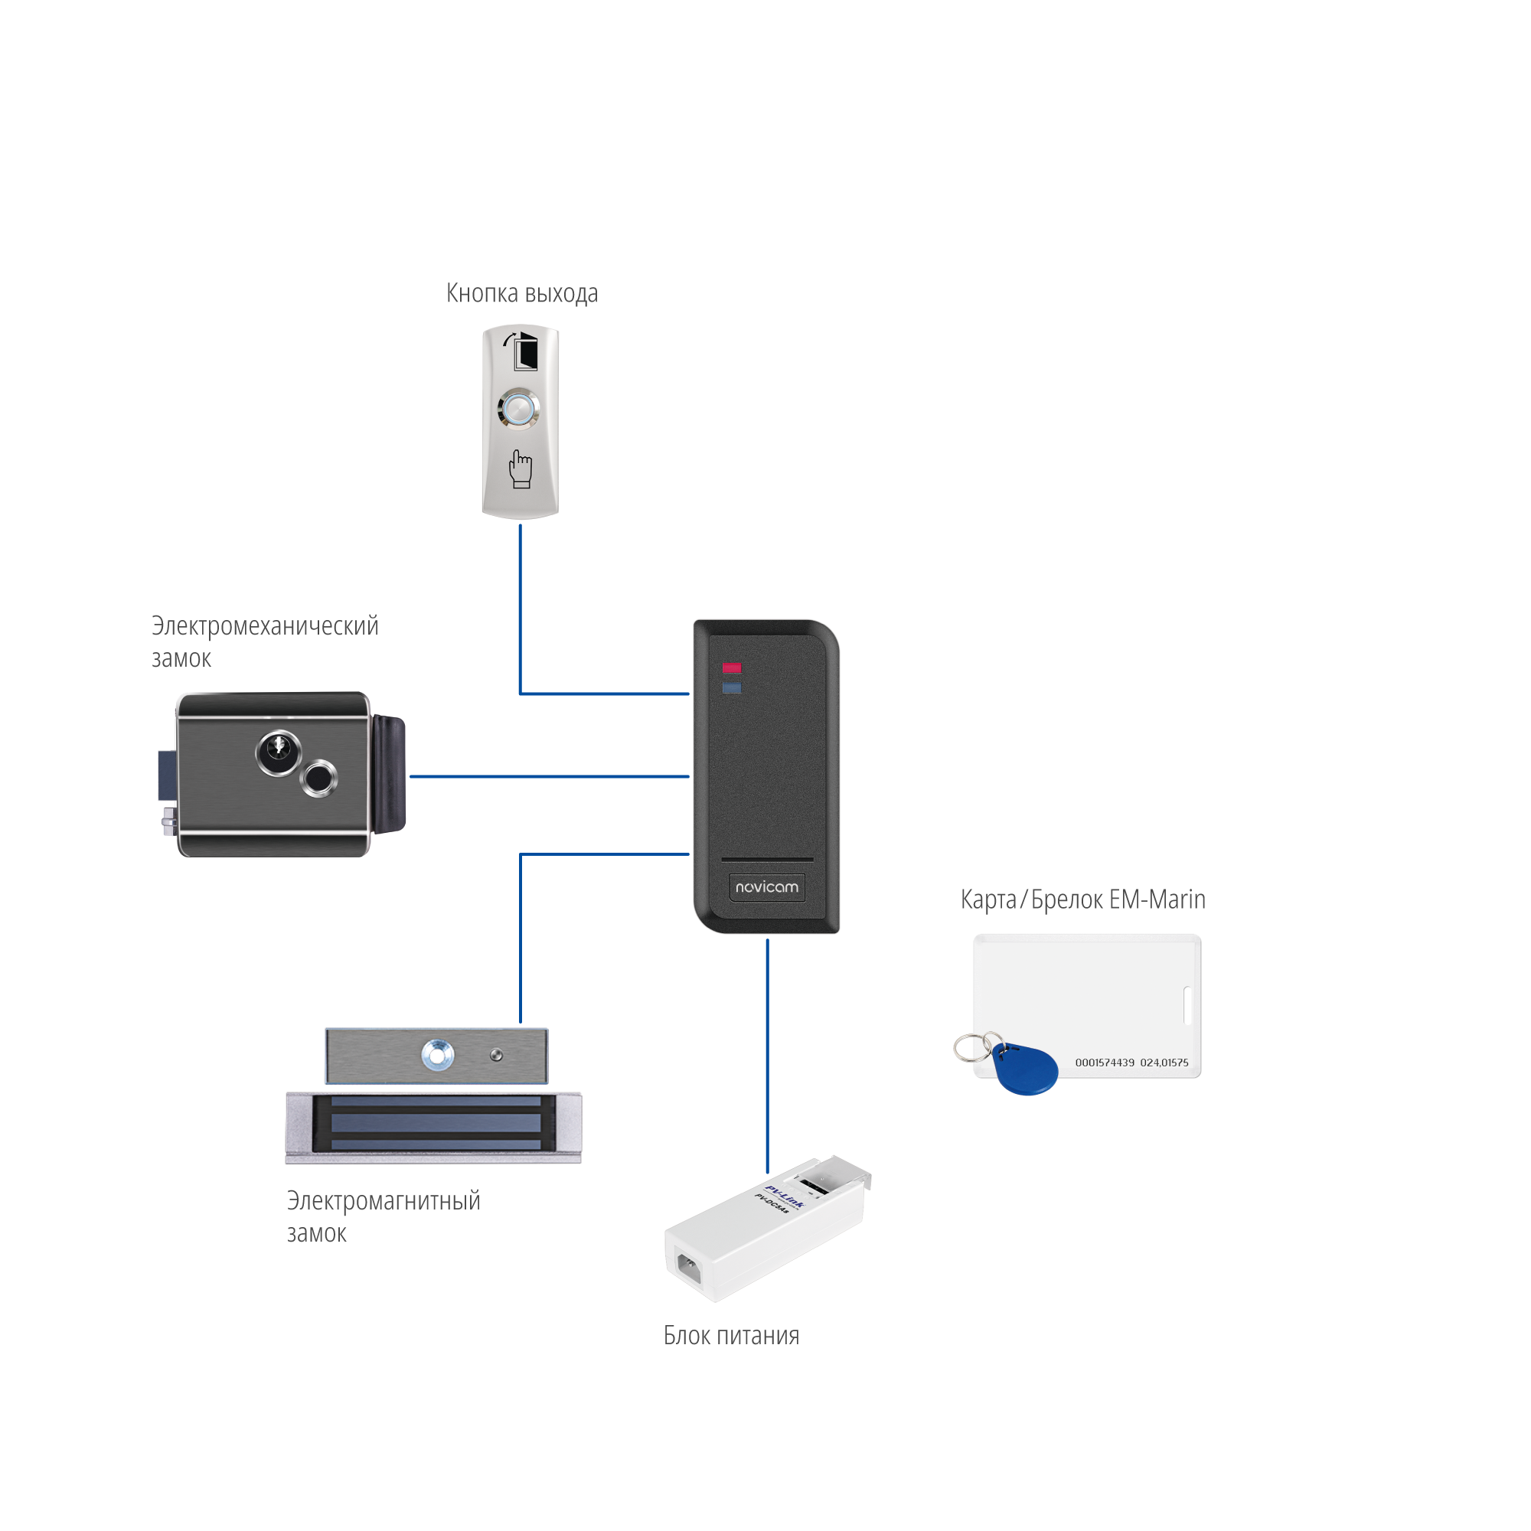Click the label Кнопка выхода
pos(521,294)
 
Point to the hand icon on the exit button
pos(520,468)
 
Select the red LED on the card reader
pos(730,668)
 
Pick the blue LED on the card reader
pos(730,688)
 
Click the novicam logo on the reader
pos(766,886)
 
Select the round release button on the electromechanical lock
pos(319,779)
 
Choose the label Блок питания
pos(730,1336)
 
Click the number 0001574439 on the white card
pos(1104,1063)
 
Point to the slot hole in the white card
pos(1187,1005)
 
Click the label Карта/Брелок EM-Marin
pos(1082,899)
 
